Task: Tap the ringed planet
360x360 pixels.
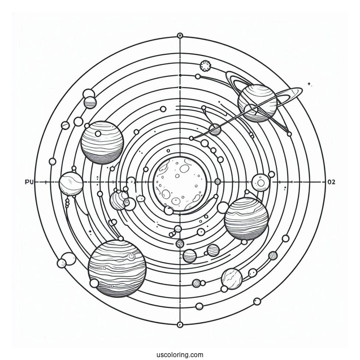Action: pos(256,102)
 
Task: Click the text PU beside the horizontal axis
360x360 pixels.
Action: pos(30,182)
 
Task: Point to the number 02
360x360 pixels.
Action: pos(332,182)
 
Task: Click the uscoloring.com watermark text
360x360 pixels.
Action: pos(180,354)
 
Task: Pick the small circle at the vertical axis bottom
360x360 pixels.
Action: pos(180,324)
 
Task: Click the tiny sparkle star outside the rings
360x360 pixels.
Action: pos(309,84)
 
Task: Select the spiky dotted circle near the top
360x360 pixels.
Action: pos(206,66)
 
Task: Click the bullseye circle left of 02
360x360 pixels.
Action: pos(261,182)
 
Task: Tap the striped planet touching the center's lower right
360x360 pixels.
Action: pos(246,218)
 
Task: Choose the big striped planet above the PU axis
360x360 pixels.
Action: pos(102,142)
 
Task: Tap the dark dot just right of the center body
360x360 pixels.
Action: pos(218,182)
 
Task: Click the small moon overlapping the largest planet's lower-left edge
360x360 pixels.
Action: pos(94,283)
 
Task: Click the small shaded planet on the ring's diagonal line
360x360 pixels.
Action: pos(215,130)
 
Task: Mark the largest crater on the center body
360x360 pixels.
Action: pos(166,193)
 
